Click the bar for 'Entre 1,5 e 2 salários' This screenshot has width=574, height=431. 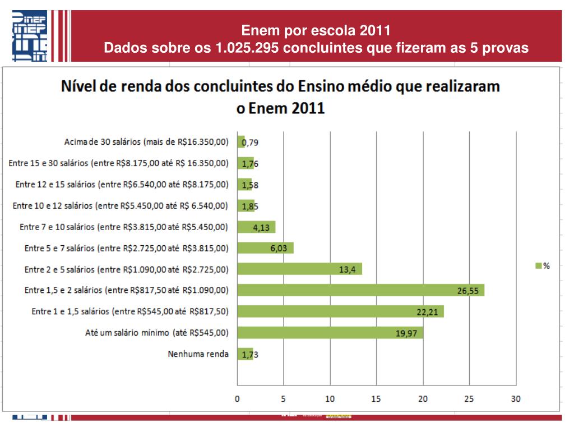click(360, 290)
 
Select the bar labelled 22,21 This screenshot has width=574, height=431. click(340, 311)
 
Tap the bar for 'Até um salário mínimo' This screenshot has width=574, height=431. click(330, 333)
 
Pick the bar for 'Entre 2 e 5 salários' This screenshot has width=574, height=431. click(299, 269)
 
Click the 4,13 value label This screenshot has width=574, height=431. click(262, 227)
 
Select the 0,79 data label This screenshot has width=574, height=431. click(250, 143)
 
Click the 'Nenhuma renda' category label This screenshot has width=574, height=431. click(198, 354)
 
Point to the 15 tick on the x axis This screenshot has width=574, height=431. click(376, 399)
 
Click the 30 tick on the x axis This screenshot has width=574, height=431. click(515, 399)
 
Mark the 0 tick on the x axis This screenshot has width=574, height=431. click(237, 399)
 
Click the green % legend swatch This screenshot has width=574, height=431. click(538, 266)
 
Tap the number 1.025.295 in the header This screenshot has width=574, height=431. click(247, 48)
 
